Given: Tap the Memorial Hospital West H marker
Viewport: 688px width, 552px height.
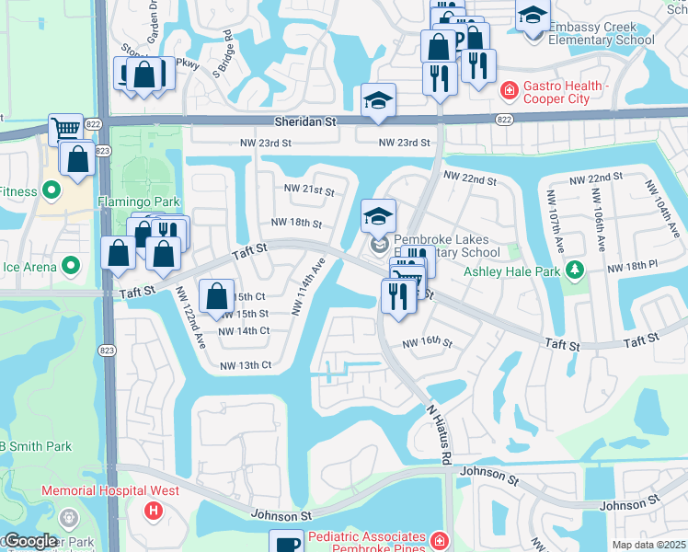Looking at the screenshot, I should coord(155,509).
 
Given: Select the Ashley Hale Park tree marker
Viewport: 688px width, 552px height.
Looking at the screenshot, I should coord(575,270).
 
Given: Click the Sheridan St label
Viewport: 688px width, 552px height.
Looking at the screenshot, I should coord(304,121).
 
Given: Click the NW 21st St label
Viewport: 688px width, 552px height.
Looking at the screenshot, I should coord(308,190).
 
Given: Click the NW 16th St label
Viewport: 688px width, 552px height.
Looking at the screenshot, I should coord(427,343).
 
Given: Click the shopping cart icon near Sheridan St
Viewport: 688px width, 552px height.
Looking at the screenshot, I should coord(64,130).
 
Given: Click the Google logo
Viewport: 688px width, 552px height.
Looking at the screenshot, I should coord(30,541).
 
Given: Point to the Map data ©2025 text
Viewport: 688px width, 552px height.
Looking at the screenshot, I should coord(648,545).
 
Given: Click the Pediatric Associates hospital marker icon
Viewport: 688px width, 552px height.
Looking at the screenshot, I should coord(441,538).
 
